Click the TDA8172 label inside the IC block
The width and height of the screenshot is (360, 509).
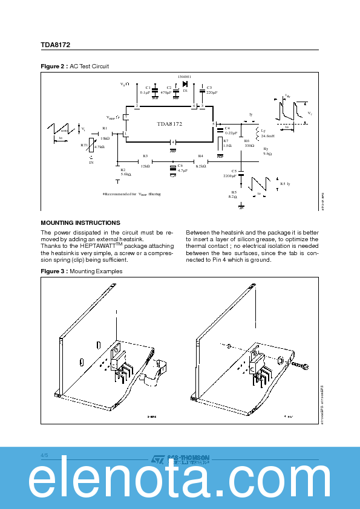click(169, 123)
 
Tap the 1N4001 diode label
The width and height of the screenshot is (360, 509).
click(184, 77)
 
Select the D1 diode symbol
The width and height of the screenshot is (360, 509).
click(183, 84)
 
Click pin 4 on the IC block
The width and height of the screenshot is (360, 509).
click(172, 142)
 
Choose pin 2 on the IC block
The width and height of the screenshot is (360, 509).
click(137, 106)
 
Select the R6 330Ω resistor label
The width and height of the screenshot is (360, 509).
click(248, 143)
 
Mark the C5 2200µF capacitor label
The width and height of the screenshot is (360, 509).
click(230, 173)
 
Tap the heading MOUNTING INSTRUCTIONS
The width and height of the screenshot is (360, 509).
click(80, 223)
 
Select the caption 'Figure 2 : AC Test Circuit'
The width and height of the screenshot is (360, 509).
click(74, 66)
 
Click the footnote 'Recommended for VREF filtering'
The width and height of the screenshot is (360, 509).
click(131, 194)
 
